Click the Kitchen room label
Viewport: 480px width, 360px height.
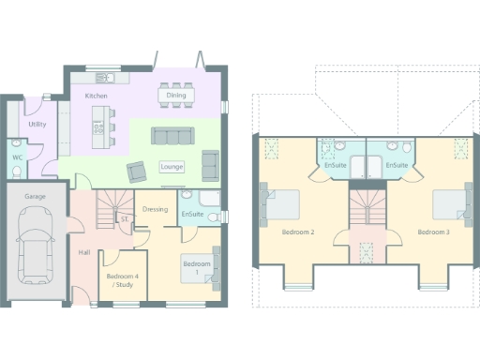(96, 97)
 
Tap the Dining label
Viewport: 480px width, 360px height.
(175, 96)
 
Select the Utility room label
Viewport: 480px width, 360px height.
(37, 124)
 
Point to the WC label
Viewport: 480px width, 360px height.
(17, 157)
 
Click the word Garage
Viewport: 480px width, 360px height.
(35, 197)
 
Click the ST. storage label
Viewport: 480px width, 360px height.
(124, 218)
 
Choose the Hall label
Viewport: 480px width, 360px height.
(84, 253)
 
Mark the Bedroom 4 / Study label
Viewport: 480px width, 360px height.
(122, 280)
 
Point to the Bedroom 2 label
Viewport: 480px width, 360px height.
(298, 232)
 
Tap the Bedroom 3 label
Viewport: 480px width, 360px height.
(433, 232)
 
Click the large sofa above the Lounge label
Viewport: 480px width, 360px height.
(172, 137)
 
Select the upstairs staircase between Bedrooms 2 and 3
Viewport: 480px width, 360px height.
(367, 211)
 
